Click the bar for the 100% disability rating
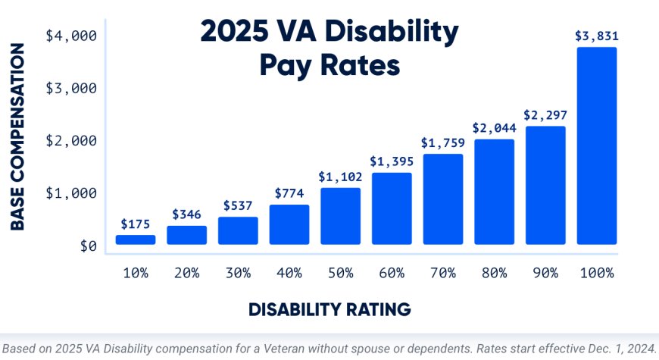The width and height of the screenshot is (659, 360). [597, 146]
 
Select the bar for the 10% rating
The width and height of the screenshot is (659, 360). [136, 239]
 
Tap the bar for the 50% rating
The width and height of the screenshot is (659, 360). [340, 216]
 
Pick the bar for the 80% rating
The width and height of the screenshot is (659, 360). [494, 192]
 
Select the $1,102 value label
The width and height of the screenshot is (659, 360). [340, 177]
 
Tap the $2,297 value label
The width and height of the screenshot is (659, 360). [545, 115]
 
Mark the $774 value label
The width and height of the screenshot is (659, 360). [289, 193]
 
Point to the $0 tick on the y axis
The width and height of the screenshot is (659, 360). [89, 246]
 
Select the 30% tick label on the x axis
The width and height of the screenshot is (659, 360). [238, 273]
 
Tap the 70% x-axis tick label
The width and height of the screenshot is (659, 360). [442, 273]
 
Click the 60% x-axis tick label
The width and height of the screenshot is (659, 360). [392, 273]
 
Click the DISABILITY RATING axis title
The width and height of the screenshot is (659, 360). [329, 309]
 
